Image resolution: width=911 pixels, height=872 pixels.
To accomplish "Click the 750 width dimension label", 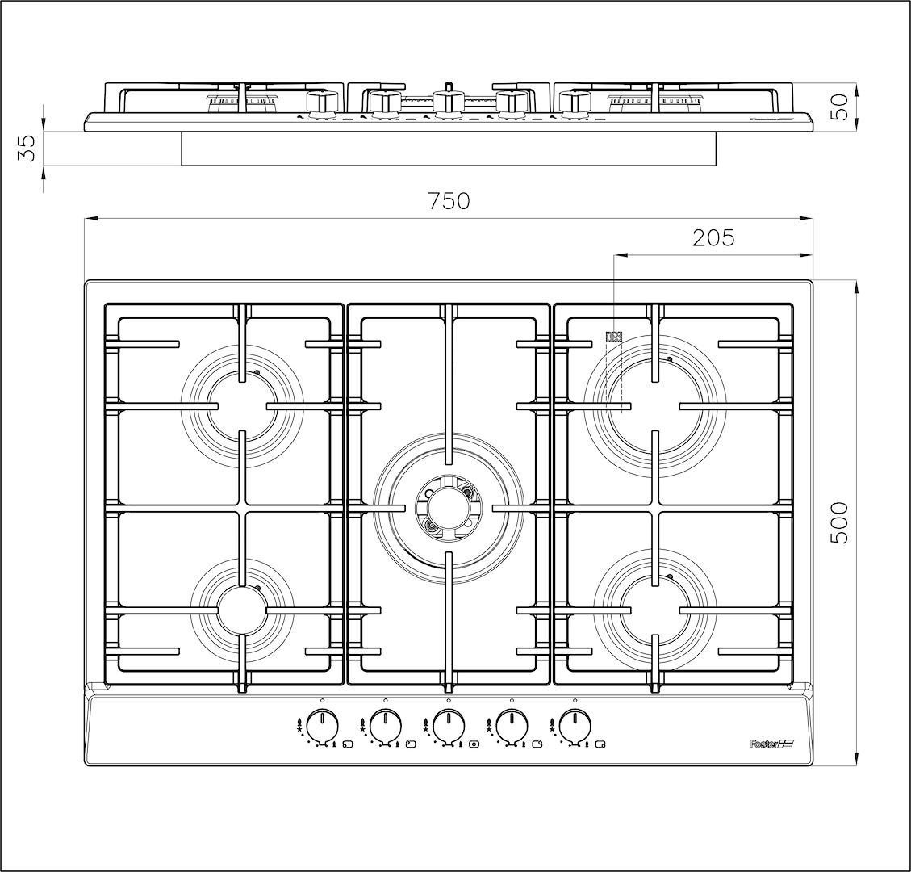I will tap(449, 201).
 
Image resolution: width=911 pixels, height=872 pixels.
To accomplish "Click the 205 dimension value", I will tap(713, 237).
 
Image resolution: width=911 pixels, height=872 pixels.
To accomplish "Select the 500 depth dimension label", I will tap(839, 522).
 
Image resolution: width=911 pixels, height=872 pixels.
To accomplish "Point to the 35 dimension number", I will tap(27, 148).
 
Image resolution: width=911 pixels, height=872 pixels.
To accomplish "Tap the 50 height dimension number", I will tap(839, 107).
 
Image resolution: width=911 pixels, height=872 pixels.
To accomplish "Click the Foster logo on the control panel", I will tap(767, 744).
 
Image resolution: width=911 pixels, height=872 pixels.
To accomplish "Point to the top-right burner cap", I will tap(654, 404).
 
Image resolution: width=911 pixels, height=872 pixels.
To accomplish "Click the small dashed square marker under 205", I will tap(615, 336).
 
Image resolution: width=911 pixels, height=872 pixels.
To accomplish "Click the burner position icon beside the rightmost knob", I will tap(600, 744).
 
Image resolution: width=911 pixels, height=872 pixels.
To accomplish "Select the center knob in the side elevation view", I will tap(448, 101).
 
